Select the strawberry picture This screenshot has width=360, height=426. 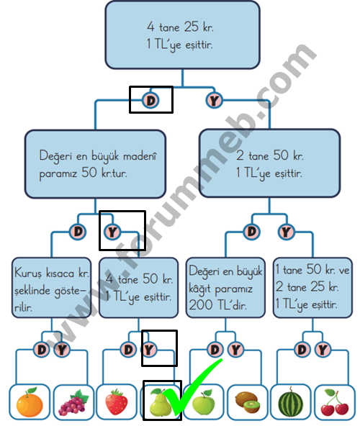pyautogui.click(x=117, y=402)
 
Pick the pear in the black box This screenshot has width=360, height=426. pyautogui.click(x=160, y=402)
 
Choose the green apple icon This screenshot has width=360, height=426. pyautogui.click(x=203, y=402)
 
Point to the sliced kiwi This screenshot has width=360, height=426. pyautogui.click(x=247, y=402)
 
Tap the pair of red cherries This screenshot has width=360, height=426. pyautogui.click(x=335, y=403)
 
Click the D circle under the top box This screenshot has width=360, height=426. pyautogui.click(x=151, y=101)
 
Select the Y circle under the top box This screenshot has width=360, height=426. pyautogui.click(x=215, y=101)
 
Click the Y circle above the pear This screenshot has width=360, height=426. pyautogui.click(x=149, y=350)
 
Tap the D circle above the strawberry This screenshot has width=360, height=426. pyautogui.click(x=128, y=350)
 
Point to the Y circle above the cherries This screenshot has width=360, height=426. pyautogui.click(x=323, y=350)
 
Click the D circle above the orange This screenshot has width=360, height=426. pyautogui.click(x=42, y=350)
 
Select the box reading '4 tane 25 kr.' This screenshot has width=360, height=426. pyautogui.click(x=182, y=35)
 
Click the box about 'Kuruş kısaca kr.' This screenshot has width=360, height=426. pyautogui.click(x=51, y=288)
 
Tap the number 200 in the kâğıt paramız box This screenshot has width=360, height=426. pyautogui.click(x=201, y=305)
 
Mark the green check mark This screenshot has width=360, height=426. pyautogui.click(x=193, y=386)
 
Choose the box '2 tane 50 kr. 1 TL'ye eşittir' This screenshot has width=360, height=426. pyautogui.click(x=269, y=163)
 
